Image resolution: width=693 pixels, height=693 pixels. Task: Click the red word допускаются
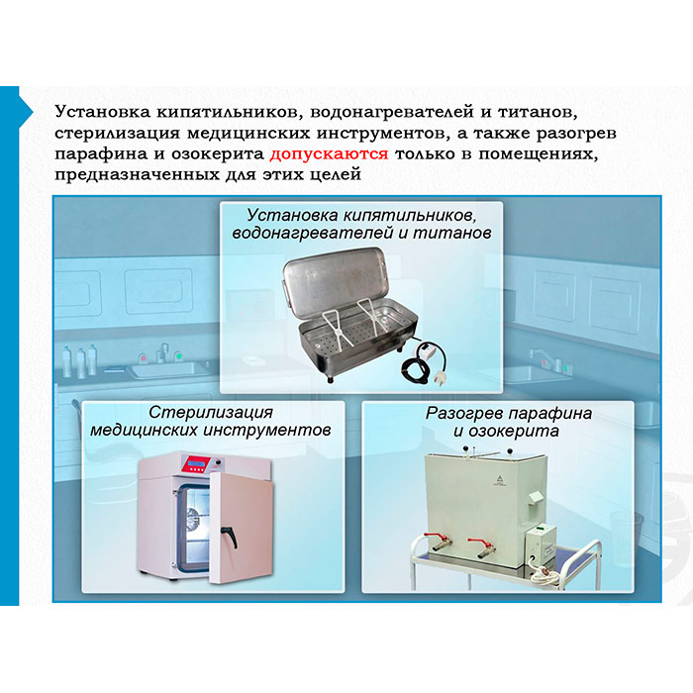[329, 154]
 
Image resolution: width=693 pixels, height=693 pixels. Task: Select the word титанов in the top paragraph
[538, 112]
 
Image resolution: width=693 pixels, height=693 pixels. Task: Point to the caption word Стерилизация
[211, 413]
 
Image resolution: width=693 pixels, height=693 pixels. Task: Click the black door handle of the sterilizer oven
[231, 536]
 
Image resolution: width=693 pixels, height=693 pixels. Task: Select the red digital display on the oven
[198, 463]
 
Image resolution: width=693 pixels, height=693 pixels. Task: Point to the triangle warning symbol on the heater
[499, 477]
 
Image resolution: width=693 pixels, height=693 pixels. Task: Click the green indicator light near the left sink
[179, 355]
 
